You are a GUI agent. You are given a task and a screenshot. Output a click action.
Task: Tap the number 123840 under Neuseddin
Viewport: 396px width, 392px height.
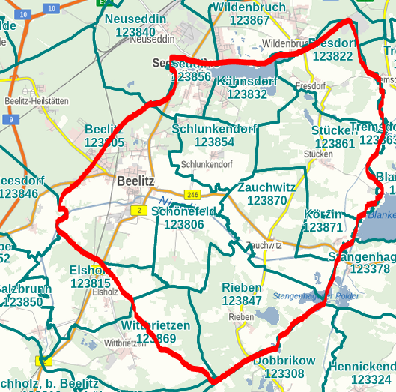pyautogui.click(x=131, y=31)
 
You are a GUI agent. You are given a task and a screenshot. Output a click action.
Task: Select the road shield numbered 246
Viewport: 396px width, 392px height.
pyautogui.click(x=192, y=195)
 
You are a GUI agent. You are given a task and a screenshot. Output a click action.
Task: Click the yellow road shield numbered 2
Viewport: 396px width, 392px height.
pyautogui.click(x=138, y=211)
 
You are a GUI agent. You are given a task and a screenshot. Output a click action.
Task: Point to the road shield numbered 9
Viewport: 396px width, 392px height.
pyautogui.click(x=11, y=119)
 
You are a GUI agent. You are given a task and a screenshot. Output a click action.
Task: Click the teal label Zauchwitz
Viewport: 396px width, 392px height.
pyautogui.click(x=266, y=187)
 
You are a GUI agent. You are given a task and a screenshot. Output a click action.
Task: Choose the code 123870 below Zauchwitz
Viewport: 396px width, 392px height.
pyautogui.click(x=266, y=200)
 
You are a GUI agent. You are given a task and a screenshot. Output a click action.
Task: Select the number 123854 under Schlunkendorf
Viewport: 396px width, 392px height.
pyautogui.click(x=214, y=142)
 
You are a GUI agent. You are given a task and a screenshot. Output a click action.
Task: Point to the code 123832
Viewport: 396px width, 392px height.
pyautogui.click(x=246, y=94)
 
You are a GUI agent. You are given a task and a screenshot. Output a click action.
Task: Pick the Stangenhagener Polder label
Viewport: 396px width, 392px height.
pyautogui.click(x=316, y=296)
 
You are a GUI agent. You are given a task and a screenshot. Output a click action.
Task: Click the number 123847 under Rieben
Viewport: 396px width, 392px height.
pyautogui.click(x=242, y=301)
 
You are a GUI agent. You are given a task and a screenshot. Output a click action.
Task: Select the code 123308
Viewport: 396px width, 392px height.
pyautogui.click(x=284, y=373)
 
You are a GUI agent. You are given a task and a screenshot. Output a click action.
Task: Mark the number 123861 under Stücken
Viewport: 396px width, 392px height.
pyautogui.click(x=335, y=143)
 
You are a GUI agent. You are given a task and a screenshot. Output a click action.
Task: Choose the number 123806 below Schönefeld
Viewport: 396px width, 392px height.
pyautogui.click(x=183, y=224)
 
